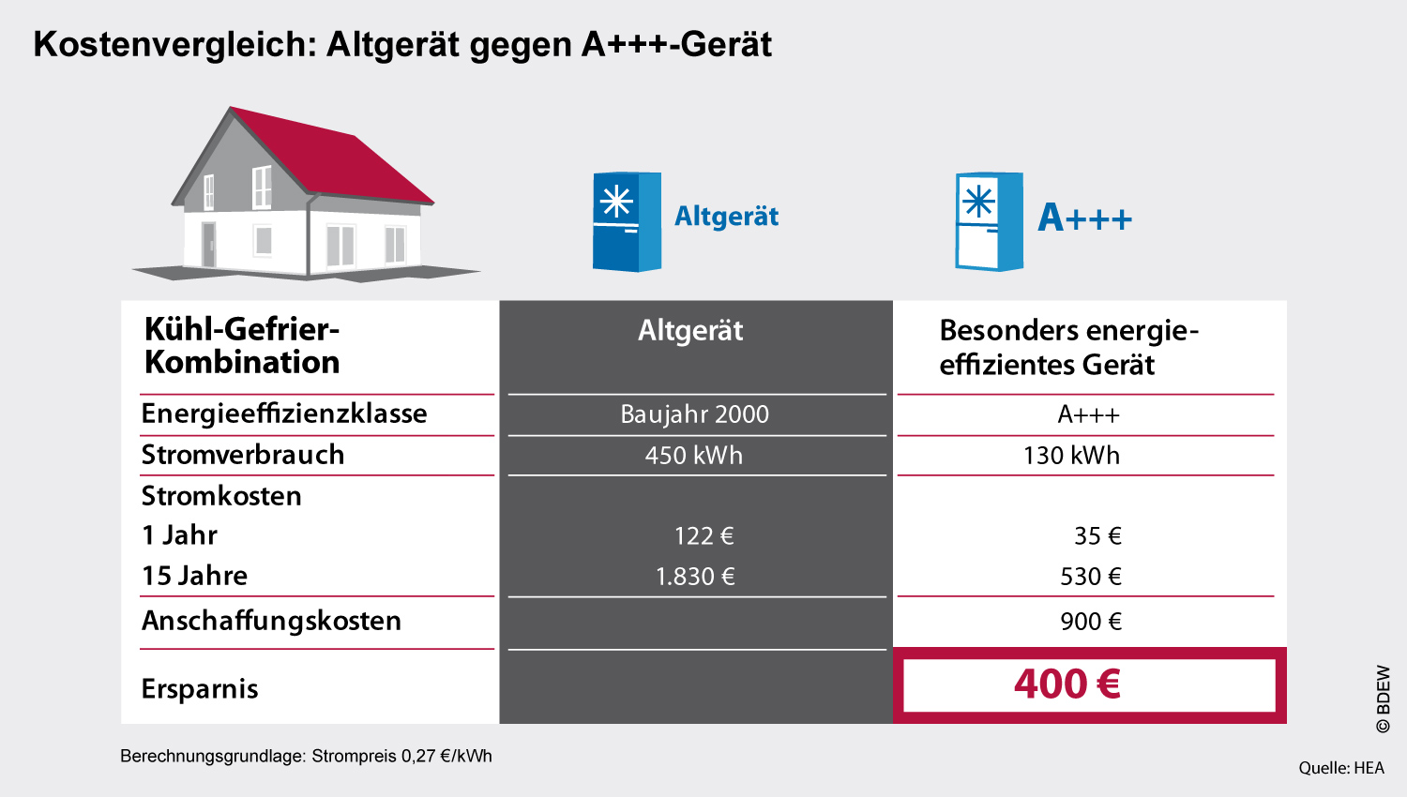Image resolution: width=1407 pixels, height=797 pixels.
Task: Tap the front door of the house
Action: click(x=208, y=245)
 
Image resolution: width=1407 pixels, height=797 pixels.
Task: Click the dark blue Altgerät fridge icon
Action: click(x=627, y=221)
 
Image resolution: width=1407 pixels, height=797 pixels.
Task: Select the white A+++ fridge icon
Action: click(x=989, y=221)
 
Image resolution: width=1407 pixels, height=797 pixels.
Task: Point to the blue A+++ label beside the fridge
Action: click(x=1084, y=218)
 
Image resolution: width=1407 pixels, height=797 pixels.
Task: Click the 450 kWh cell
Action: click(x=693, y=456)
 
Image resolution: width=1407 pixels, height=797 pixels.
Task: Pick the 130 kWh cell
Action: click(x=1071, y=456)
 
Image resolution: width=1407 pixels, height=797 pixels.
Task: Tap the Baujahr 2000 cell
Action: click(x=694, y=414)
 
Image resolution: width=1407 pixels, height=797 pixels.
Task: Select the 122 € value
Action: click(x=703, y=535)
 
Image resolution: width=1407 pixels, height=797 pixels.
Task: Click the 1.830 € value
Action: click(x=695, y=576)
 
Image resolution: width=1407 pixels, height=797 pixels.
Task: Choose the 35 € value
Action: click(x=1097, y=535)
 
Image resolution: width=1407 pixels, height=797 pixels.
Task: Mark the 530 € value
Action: click(x=1090, y=576)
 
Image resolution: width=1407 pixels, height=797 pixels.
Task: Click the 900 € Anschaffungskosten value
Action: click(x=1090, y=621)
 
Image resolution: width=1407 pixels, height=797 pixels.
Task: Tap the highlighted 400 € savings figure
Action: click(x=1067, y=684)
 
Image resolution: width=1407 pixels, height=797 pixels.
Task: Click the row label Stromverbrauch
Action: click(x=242, y=455)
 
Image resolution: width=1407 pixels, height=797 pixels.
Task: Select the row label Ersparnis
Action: click(x=200, y=689)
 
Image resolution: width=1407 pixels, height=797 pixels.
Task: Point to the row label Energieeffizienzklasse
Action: click(x=284, y=414)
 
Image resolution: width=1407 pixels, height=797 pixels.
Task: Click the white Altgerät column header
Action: click(x=690, y=330)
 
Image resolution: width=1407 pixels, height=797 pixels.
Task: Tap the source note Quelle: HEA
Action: click(x=1341, y=768)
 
